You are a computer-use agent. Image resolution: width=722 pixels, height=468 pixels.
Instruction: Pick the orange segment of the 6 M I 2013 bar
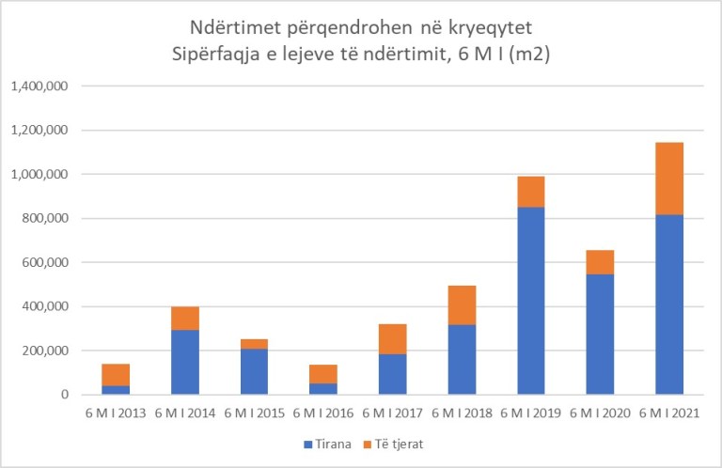click(116, 374)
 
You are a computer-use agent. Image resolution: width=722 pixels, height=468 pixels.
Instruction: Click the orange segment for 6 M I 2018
click(462, 304)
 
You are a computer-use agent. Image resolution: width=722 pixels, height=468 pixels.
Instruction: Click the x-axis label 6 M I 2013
click(116, 413)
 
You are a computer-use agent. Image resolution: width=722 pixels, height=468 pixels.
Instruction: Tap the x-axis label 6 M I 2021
click(668, 413)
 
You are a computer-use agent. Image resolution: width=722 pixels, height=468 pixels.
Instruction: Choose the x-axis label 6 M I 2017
click(392, 413)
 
